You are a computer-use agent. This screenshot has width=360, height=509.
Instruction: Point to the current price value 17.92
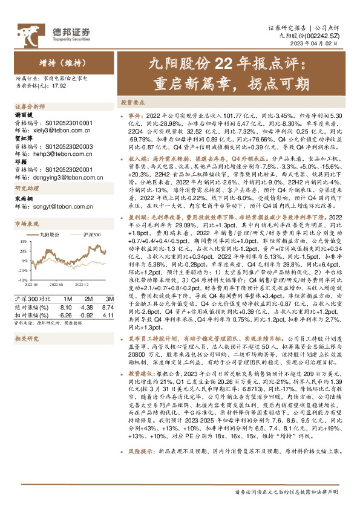58,85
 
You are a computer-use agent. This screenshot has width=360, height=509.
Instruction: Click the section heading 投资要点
131,103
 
